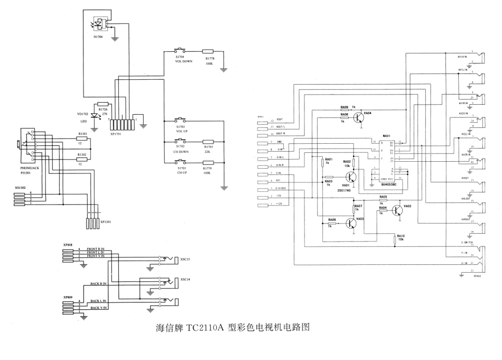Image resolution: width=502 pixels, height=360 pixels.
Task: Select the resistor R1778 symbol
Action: [x=209, y=52]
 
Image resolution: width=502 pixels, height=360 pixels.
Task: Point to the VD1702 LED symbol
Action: [x=95, y=116]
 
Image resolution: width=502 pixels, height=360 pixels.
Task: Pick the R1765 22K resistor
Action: [x=209, y=142]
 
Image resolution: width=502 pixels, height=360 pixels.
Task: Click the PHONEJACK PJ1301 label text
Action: [x=31, y=170]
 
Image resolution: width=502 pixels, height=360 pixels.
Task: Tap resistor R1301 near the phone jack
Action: [x=82, y=140]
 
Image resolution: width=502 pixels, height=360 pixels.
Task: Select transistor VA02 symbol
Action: [x=397, y=210]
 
